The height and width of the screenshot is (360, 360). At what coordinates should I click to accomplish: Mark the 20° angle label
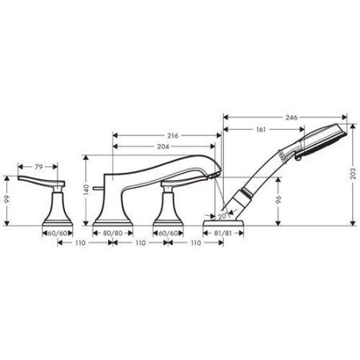coord(222,215)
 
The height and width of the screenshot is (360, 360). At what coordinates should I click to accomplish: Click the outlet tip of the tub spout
coord(216,170)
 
